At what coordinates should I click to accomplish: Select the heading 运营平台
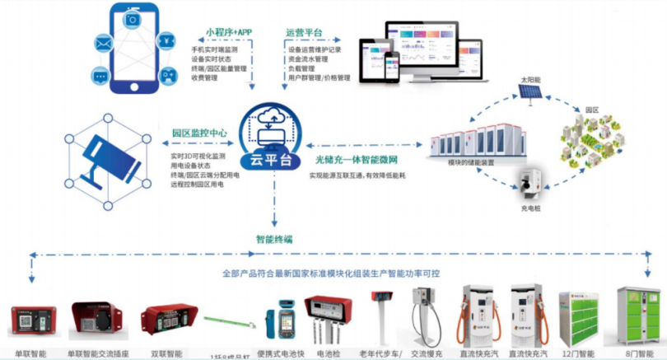pyautogui.click(x=304, y=32)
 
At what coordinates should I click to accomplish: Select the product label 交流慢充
pyautogui.click(x=427, y=353)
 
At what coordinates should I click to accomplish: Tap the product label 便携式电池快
pyautogui.click(x=286, y=353)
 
